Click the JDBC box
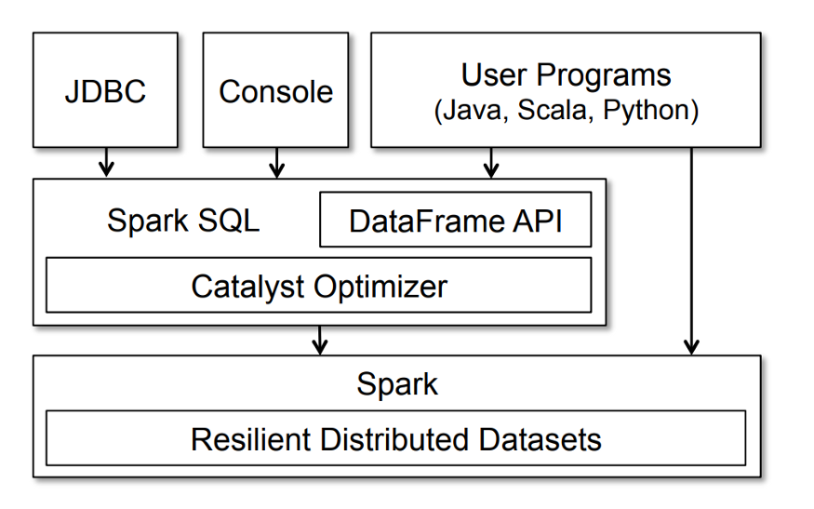click(105, 90)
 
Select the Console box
click(275, 90)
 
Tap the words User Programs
click(566, 75)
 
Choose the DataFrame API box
click(455, 220)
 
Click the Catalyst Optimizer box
click(319, 285)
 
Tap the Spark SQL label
click(183, 221)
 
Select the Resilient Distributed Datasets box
click(395, 438)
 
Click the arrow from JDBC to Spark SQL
click(106, 162)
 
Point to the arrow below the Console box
click(276, 163)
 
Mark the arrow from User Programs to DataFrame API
click(491, 163)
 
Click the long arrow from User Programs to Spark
click(691, 251)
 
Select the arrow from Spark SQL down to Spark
click(320, 341)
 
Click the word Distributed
click(395, 439)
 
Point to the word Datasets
click(540, 439)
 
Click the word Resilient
click(251, 439)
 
